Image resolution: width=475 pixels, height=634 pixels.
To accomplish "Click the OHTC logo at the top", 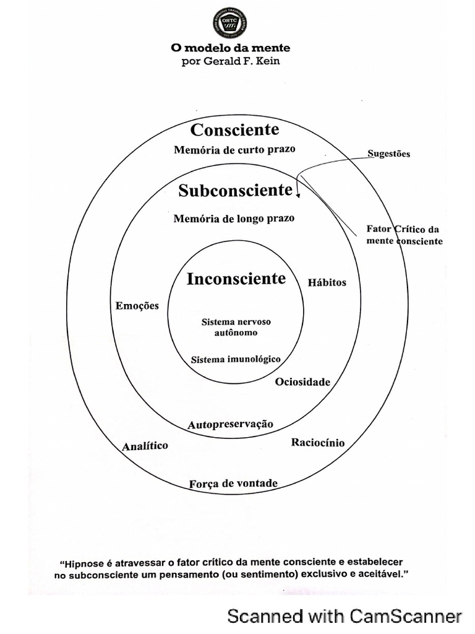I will [x=229, y=24].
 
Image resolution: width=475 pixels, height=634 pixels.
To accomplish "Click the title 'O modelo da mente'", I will [x=230, y=48].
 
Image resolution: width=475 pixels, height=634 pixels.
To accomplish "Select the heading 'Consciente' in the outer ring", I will [x=234, y=130].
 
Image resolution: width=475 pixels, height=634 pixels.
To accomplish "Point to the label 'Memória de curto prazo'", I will [x=234, y=149].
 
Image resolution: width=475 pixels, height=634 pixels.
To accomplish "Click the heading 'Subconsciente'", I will [x=235, y=190].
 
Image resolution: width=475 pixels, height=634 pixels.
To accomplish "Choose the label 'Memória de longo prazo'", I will [x=234, y=219].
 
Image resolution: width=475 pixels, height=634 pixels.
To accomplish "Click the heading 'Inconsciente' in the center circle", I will [x=236, y=279].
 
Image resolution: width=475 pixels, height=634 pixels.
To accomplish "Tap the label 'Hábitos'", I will [x=327, y=282].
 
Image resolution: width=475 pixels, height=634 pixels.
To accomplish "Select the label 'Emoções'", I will [x=137, y=305].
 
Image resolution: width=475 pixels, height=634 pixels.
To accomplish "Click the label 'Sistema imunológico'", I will [x=236, y=359].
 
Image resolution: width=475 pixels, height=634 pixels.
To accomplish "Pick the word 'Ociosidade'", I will [x=302, y=382].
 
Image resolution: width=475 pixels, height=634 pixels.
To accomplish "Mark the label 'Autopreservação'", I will [x=230, y=424].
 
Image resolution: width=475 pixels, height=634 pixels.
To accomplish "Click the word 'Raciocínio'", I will [x=318, y=443].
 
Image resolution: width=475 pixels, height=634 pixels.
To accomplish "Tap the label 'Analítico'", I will [x=145, y=446].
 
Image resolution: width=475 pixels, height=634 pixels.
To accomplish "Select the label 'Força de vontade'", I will [x=234, y=484].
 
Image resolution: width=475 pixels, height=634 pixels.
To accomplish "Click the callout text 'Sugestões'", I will [x=389, y=154].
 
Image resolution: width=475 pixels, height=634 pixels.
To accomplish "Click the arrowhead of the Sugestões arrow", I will [x=298, y=196].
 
